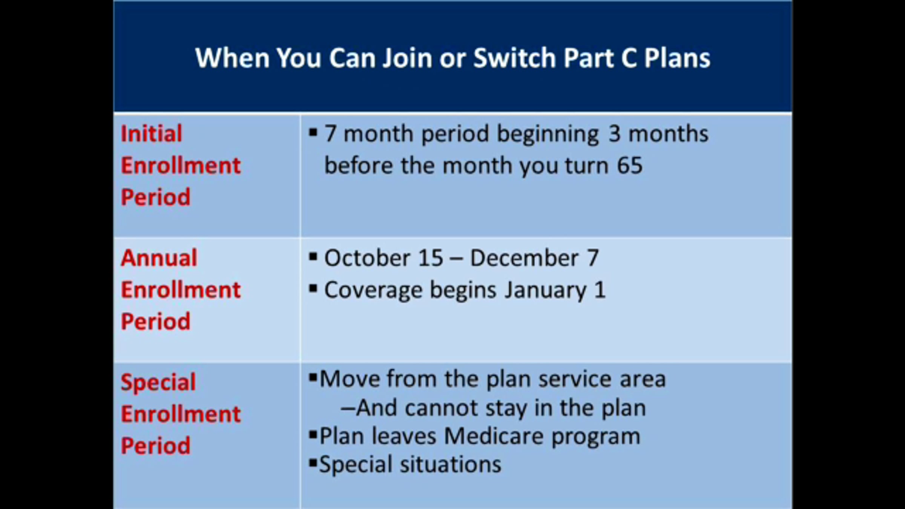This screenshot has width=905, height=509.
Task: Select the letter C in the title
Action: pos(629,58)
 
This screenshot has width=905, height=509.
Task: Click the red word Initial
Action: pos(151,133)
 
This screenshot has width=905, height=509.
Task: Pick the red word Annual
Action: pos(159,258)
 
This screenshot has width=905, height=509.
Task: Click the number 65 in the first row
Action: pos(629,166)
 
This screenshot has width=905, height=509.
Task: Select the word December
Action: pos(524,258)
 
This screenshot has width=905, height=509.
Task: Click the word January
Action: pos(545,291)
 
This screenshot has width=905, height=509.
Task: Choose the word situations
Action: pos(450,464)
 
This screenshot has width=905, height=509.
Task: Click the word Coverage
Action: pos(373,291)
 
